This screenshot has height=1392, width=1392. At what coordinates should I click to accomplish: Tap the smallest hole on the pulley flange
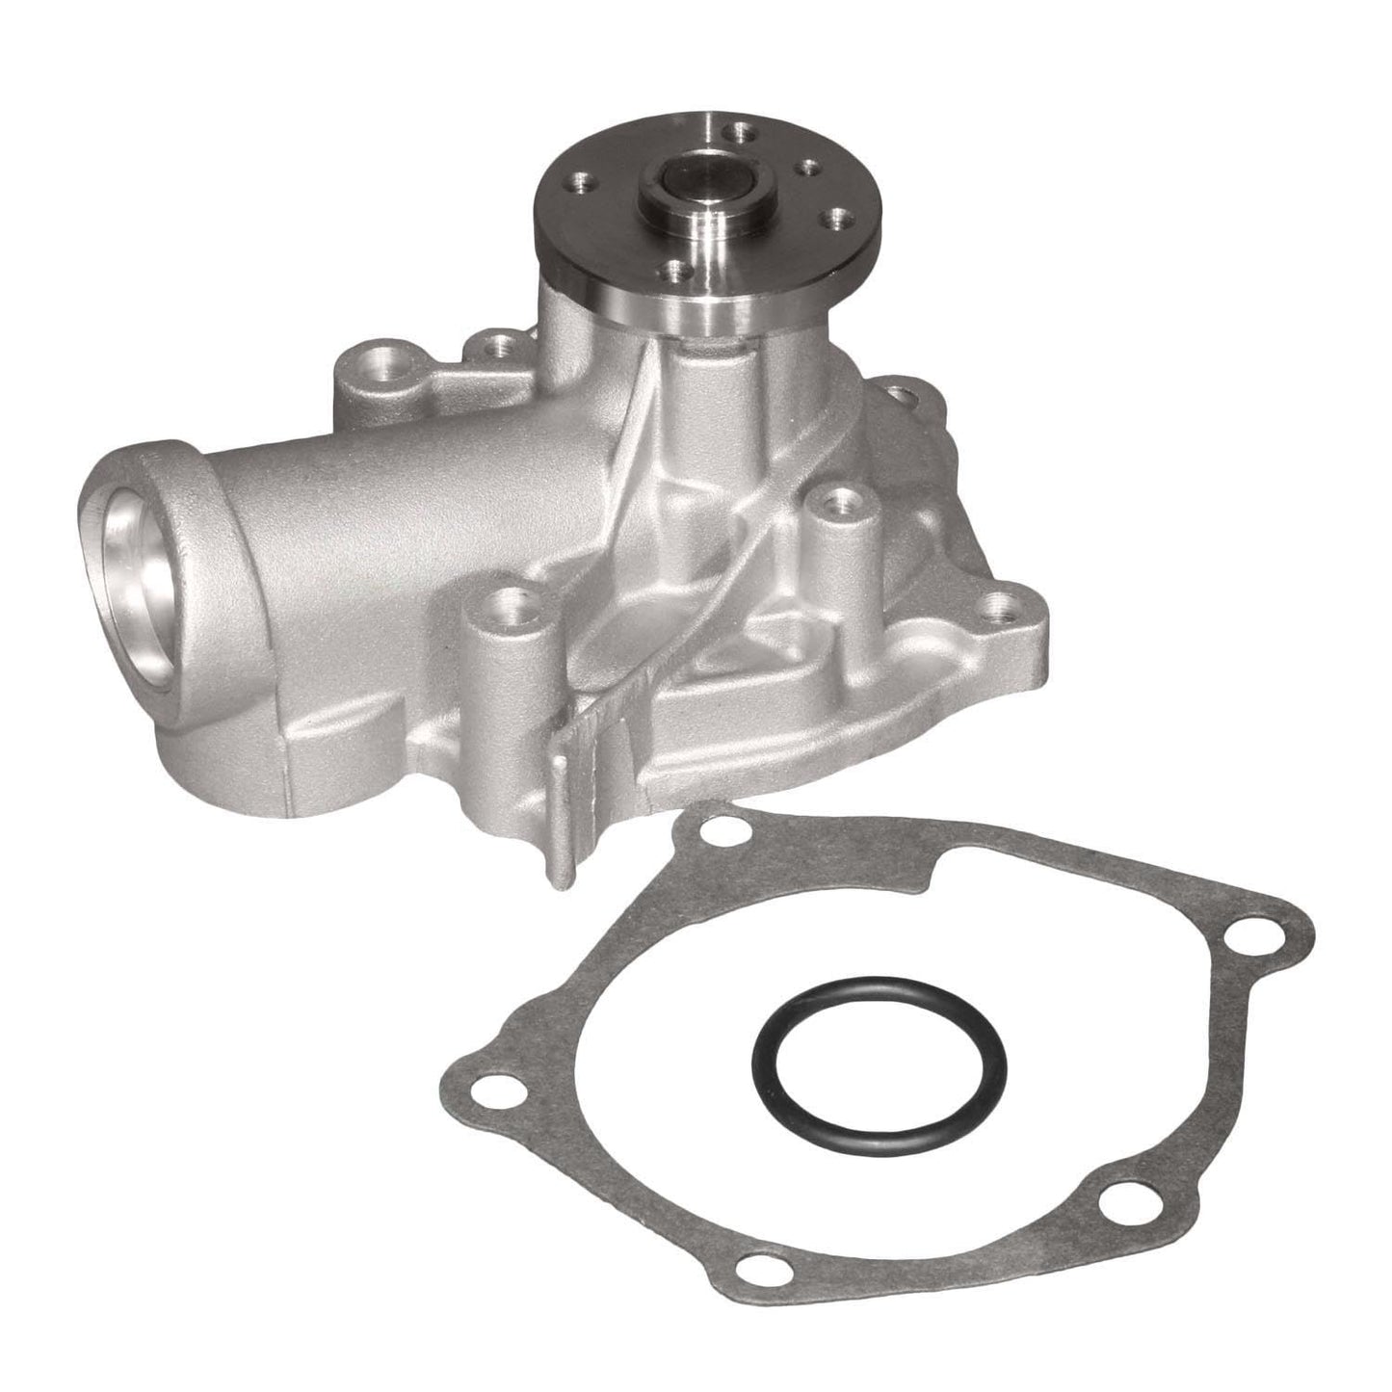807,168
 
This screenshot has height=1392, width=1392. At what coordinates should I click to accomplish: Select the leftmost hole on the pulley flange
581,179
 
